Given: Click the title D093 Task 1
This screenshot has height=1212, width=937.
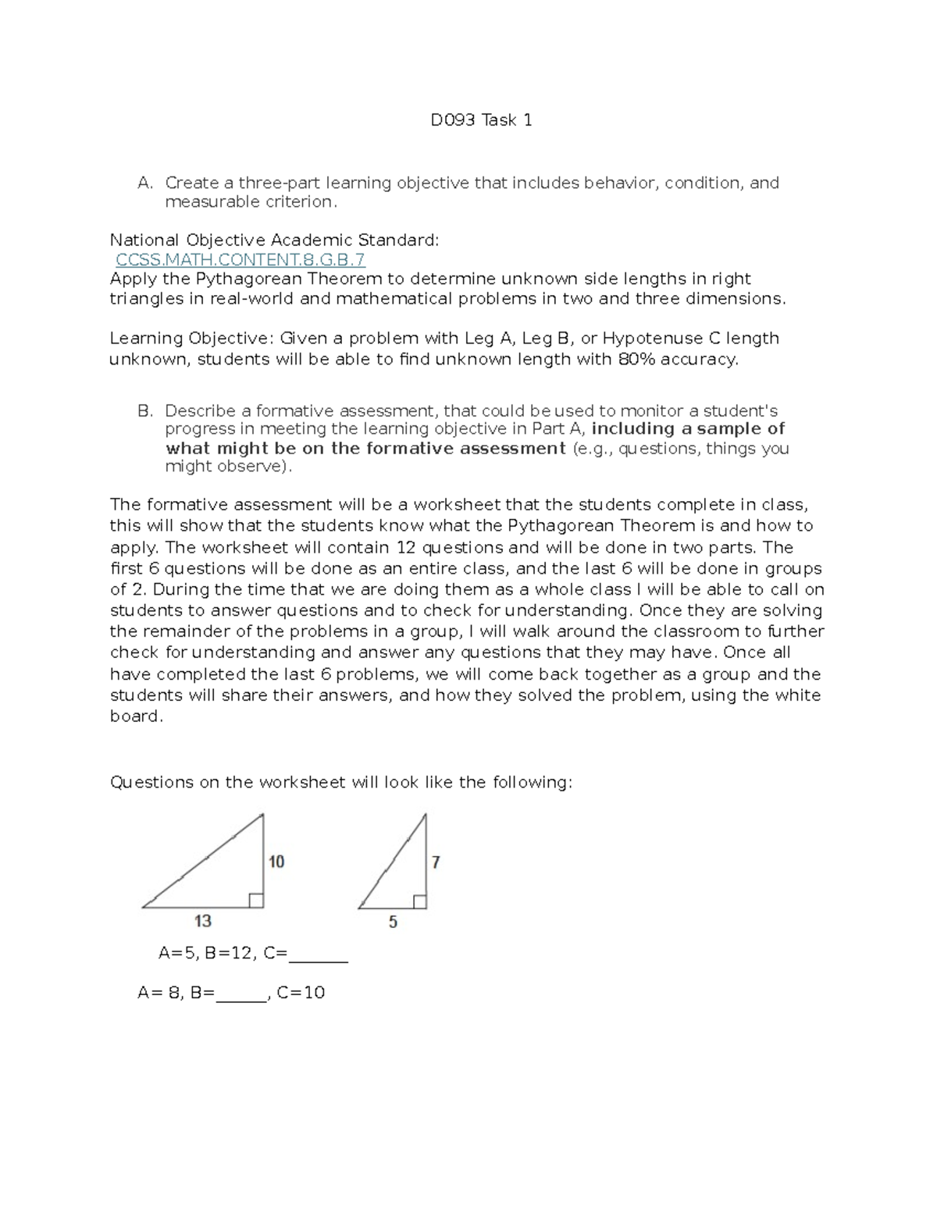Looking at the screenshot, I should click(x=482, y=120).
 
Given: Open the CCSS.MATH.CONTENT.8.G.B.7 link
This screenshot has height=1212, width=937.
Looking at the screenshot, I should click(x=240, y=260).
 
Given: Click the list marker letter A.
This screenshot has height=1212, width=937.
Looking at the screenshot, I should click(x=144, y=183).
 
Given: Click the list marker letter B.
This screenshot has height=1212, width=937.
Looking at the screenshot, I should click(x=144, y=411).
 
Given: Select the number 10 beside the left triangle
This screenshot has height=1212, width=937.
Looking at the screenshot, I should click(x=276, y=862).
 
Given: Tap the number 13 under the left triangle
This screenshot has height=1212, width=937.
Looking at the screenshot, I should click(x=203, y=921).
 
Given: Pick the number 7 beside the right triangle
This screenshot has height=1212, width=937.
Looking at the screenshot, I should click(x=436, y=862).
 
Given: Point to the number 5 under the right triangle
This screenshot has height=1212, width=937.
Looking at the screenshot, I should click(x=393, y=922).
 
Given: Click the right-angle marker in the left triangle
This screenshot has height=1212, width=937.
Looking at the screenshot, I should click(x=255, y=901).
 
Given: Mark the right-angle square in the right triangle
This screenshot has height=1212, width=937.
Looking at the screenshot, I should click(x=419, y=901).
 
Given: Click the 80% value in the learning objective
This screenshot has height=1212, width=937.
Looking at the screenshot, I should click(x=635, y=360).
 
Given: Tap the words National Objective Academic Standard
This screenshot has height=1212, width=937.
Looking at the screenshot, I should click(x=273, y=240).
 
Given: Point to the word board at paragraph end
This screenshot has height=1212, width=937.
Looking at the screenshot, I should click(x=135, y=716).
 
